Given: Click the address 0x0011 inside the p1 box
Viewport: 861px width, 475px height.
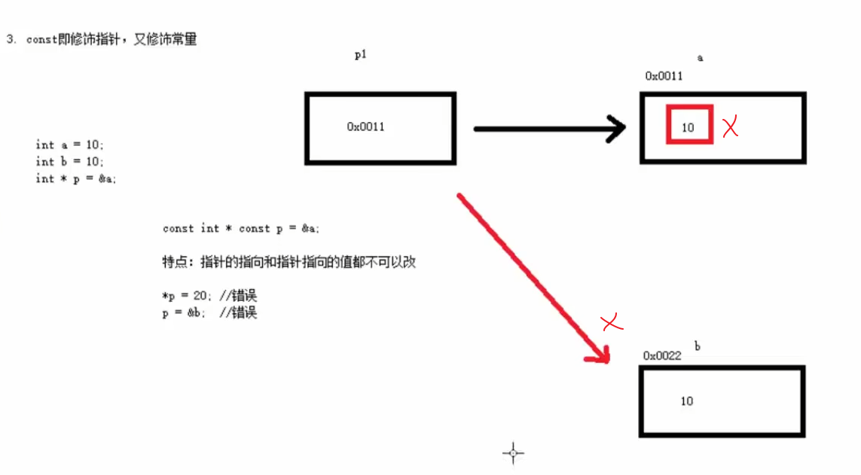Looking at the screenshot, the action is tap(365, 126).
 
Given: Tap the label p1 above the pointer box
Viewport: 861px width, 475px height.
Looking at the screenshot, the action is tap(360, 54).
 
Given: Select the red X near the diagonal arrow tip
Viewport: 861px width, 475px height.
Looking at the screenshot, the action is tap(613, 324).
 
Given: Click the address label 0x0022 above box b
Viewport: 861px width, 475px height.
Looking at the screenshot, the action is tap(662, 355).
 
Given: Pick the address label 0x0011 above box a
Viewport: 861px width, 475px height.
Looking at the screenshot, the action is tap(664, 76).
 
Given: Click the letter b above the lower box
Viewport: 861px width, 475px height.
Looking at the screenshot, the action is tap(698, 346).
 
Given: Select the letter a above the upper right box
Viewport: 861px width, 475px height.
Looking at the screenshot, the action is tap(700, 58).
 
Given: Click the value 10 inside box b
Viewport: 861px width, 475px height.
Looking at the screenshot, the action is tap(686, 401).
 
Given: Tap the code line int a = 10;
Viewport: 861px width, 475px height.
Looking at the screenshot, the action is tap(70, 144).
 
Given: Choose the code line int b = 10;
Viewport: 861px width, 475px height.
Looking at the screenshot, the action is tap(70, 161).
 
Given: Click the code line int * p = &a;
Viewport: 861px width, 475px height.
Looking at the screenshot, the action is tap(76, 178).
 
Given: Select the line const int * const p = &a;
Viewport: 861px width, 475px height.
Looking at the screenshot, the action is tap(246, 228).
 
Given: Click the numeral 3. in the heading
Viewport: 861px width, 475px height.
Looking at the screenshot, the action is tap(11, 40).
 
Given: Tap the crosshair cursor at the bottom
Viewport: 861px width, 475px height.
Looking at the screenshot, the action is tap(513, 453).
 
